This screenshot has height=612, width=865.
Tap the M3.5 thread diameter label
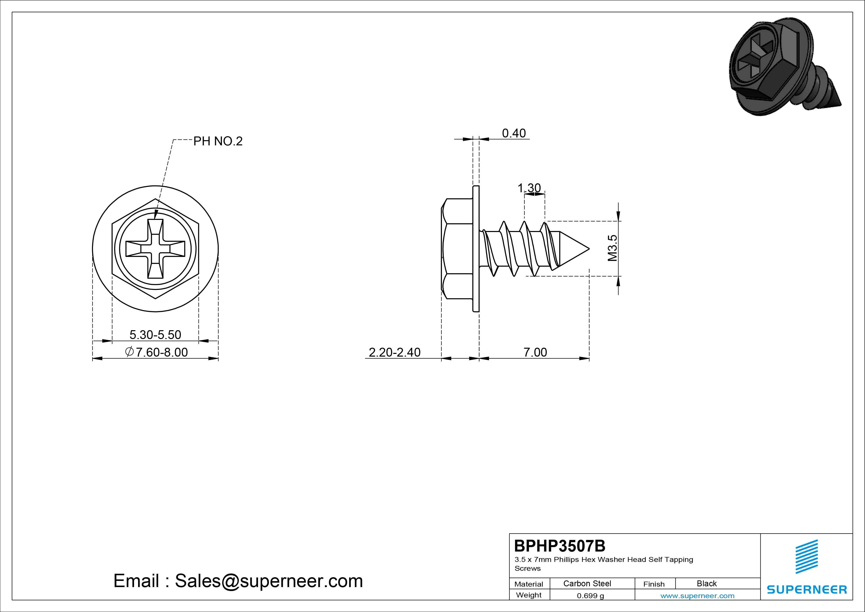[x=613, y=248]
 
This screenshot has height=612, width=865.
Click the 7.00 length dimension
[x=535, y=352]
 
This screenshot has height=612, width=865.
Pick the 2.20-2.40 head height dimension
[x=395, y=352]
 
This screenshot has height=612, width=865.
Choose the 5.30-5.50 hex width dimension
[x=155, y=334]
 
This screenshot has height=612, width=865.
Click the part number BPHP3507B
[x=560, y=546]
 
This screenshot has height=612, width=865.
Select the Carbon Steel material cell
[x=587, y=583]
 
